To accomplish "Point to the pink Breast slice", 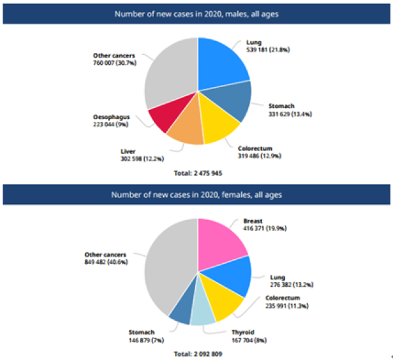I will tap(221, 241).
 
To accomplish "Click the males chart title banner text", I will tap(197, 13).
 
